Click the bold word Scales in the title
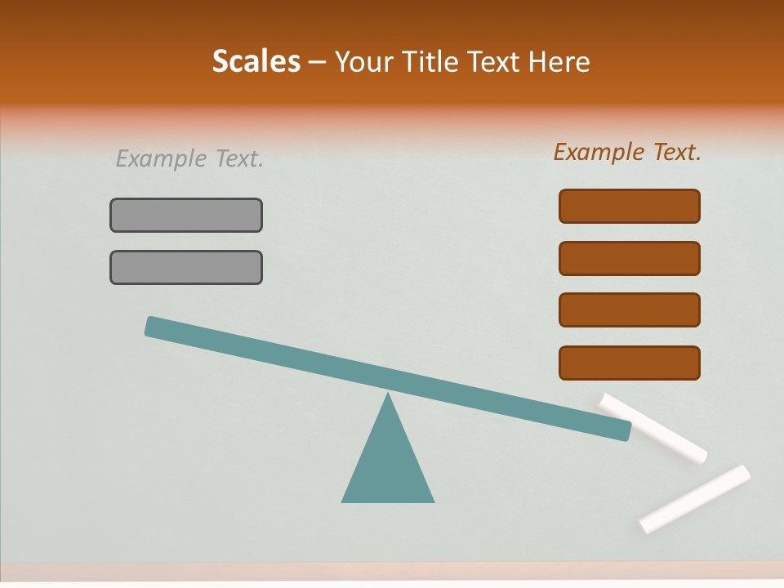(x=256, y=61)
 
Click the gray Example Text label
(x=189, y=158)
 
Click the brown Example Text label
(x=627, y=152)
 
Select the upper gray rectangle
(x=186, y=215)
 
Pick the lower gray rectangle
(x=186, y=267)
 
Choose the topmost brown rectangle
(x=630, y=206)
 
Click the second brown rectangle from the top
(x=630, y=258)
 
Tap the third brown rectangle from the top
(x=630, y=310)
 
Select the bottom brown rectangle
(x=630, y=363)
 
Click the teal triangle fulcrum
(x=388, y=465)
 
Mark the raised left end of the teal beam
(x=152, y=326)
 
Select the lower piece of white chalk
(x=695, y=498)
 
